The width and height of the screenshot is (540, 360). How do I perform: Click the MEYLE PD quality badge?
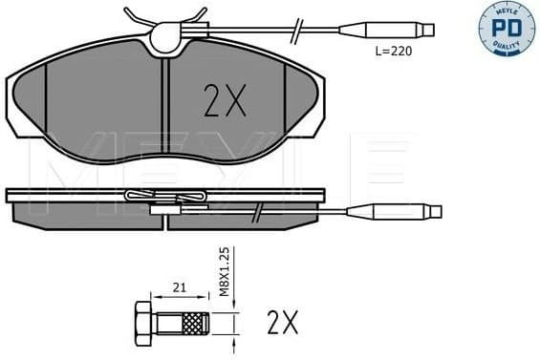coord(506,28)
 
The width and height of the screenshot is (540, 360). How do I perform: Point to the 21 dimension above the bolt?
coord(178,286)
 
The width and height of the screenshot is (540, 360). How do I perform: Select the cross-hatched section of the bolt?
coord(195,322)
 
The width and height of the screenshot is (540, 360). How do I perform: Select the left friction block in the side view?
coord(86,217)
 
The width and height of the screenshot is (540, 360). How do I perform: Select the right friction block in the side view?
coord(244,217)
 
